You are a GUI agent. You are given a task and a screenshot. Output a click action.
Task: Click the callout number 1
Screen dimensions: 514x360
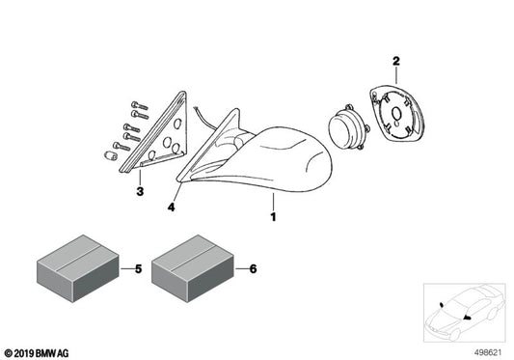click(x=273, y=216)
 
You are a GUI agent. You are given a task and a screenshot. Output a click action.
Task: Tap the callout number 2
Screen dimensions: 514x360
click(x=396, y=61)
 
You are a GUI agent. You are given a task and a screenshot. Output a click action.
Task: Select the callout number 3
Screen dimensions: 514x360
click(x=140, y=191)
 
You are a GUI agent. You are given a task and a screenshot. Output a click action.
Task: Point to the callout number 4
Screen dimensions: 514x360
click(x=171, y=208)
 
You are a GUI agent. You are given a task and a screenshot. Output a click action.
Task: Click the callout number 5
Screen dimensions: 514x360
click(x=138, y=268)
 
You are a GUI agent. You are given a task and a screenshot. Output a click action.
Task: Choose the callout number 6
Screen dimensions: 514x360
click(x=253, y=268)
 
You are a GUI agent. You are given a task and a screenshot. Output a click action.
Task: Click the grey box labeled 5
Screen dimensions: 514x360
click(x=78, y=268)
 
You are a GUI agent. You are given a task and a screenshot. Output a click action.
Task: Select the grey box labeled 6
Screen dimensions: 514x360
click(x=193, y=268)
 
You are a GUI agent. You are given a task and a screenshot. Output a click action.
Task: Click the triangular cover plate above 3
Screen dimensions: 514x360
click(x=154, y=133)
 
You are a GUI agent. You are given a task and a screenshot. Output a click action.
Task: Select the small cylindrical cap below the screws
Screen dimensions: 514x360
click(x=110, y=155)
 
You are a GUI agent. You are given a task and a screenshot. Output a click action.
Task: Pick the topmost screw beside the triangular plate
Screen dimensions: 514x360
click(x=139, y=105)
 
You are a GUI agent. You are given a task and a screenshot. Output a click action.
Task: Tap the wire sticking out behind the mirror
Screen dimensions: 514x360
click(x=204, y=118)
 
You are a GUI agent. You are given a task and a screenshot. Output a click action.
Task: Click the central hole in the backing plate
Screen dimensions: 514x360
click(x=396, y=114)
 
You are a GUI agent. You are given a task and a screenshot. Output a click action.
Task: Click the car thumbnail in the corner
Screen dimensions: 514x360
click(x=464, y=313)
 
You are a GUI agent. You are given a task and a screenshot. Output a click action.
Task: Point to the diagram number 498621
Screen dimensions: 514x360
click(x=488, y=353)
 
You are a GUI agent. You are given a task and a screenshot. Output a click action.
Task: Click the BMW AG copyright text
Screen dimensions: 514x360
click(x=37, y=353)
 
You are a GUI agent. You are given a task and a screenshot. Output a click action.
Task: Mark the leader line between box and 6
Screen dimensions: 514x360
click(x=242, y=268)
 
